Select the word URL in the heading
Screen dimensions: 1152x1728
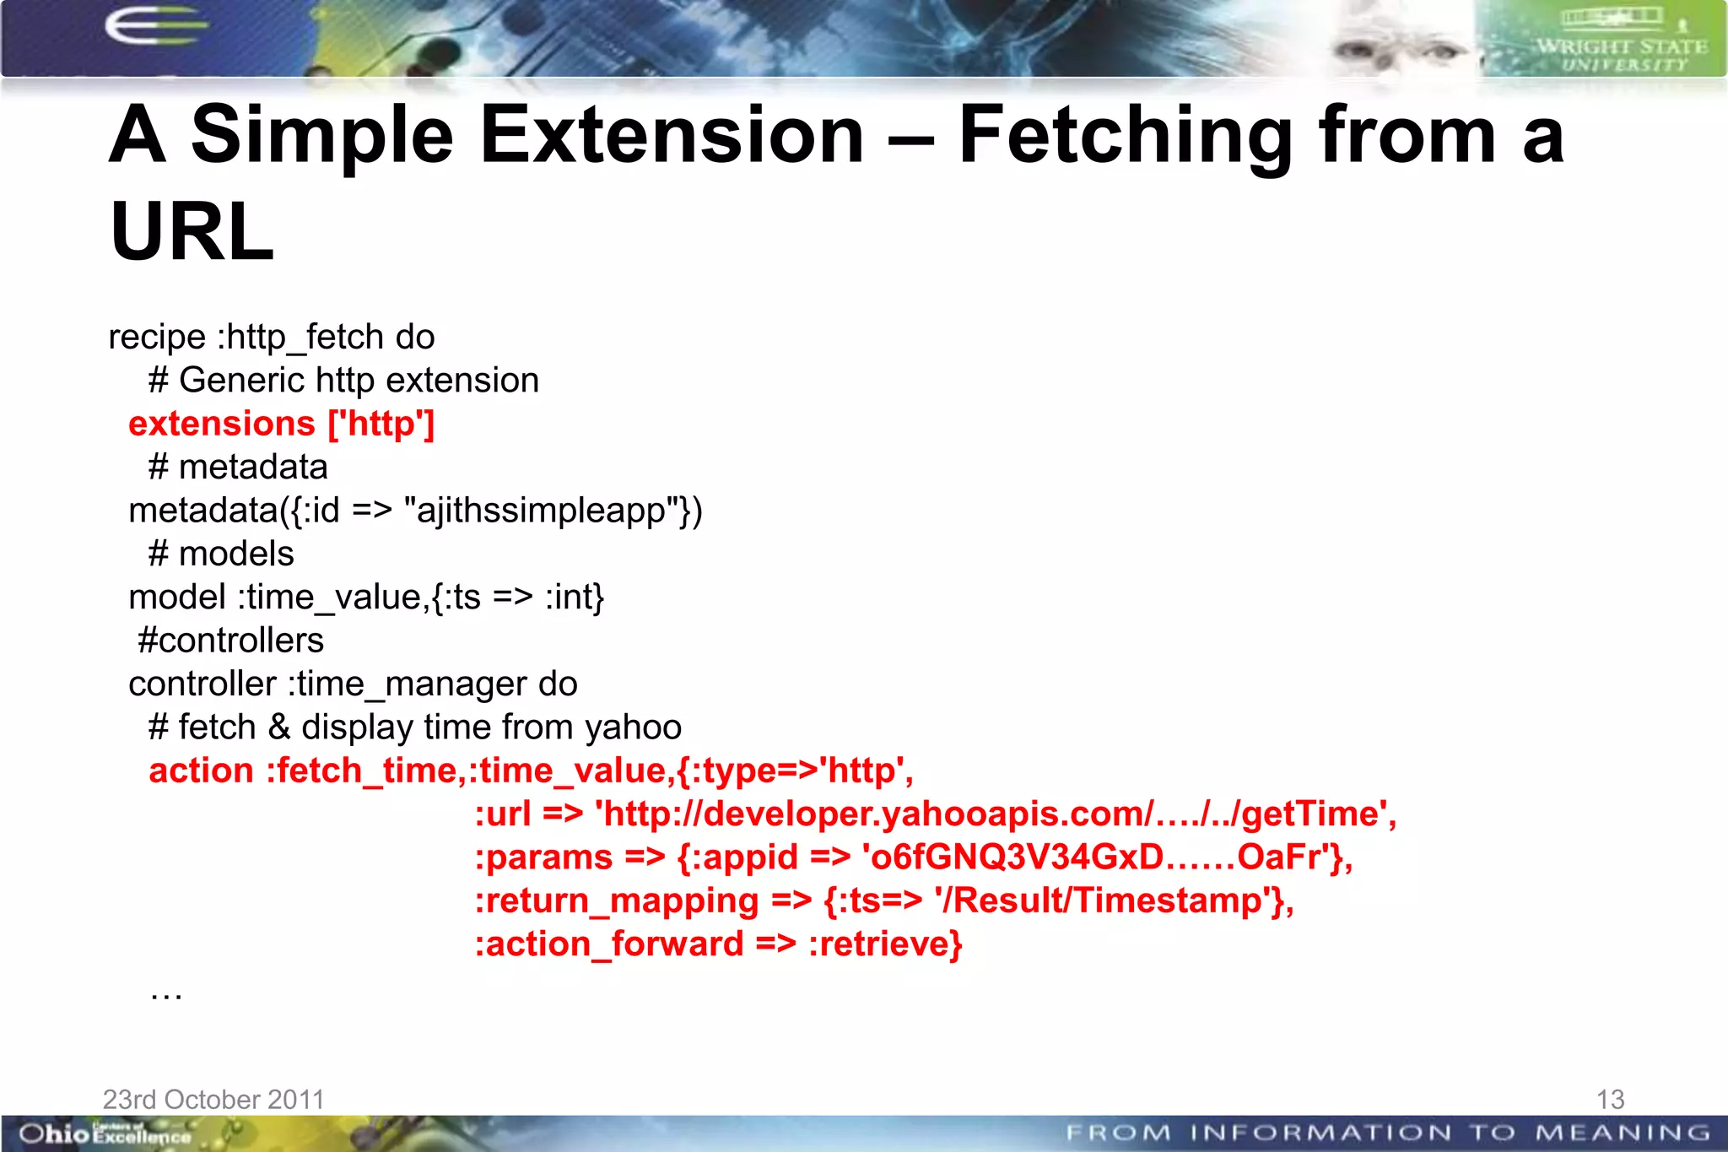click(x=192, y=232)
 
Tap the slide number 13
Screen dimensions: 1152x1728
click(x=1610, y=1099)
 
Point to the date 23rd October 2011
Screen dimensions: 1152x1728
click(x=213, y=1099)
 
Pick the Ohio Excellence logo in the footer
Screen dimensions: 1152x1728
click(x=105, y=1133)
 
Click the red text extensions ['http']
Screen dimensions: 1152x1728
click(x=281, y=424)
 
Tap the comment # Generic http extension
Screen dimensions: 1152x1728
click(x=343, y=381)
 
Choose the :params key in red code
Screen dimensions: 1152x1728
click(x=543, y=857)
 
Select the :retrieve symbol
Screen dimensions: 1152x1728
click(x=884, y=944)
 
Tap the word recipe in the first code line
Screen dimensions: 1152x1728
click(x=157, y=337)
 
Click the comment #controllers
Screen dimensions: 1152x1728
click(x=230, y=640)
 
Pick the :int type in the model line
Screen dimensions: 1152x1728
click(x=574, y=597)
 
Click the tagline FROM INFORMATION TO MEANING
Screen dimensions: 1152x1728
click(x=1387, y=1133)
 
